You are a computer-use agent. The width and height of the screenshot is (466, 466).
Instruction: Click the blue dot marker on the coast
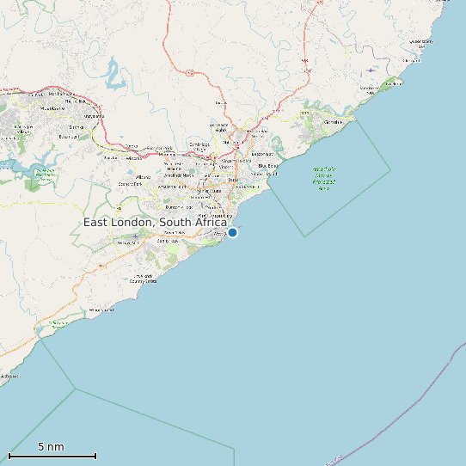click(x=232, y=232)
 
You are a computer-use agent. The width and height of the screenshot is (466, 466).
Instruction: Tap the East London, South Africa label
click(x=156, y=223)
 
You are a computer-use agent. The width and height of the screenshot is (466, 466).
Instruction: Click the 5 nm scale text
click(x=51, y=447)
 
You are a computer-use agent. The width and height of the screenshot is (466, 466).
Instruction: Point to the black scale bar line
click(x=52, y=456)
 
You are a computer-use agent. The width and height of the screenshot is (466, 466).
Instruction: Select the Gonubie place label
click(x=332, y=121)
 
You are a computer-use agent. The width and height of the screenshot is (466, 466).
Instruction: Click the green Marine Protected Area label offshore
click(x=324, y=178)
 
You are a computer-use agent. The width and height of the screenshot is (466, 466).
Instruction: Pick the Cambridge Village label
click(x=200, y=146)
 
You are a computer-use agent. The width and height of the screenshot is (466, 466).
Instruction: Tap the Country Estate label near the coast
click(x=144, y=278)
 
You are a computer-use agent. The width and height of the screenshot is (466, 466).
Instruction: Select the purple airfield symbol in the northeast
click(x=371, y=70)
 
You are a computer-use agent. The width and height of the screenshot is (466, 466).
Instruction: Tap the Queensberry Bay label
click(x=421, y=41)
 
